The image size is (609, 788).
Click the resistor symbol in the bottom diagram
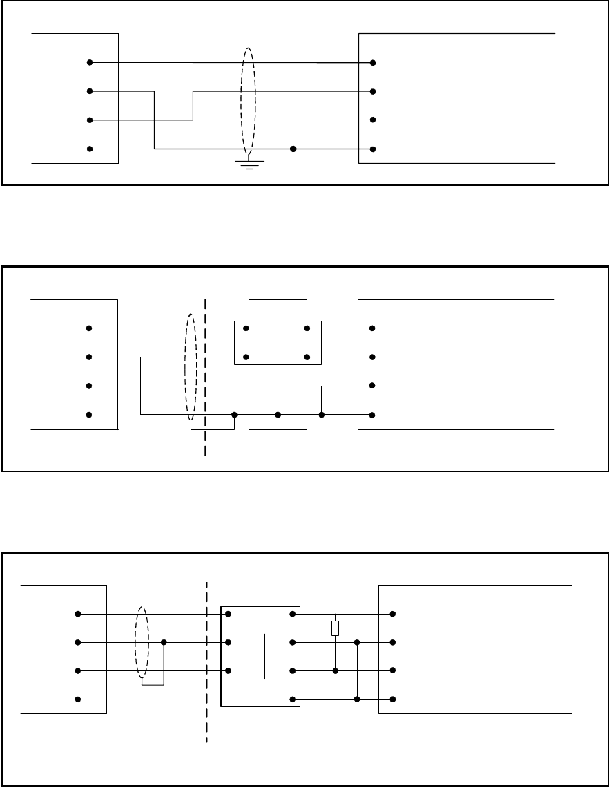335,628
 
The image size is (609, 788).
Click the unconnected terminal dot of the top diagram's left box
90,149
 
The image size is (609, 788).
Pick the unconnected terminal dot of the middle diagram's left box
88,415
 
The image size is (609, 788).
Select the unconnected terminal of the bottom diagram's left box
78,700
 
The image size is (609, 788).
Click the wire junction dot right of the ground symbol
293,149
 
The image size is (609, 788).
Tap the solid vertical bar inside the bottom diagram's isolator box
264,657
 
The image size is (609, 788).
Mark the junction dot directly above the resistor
335,614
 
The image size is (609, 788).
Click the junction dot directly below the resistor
335,670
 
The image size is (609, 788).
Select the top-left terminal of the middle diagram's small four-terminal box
246,328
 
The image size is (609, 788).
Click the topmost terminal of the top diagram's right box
373,62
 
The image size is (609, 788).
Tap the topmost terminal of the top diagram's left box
90,62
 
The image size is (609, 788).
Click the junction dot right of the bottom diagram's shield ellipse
164,642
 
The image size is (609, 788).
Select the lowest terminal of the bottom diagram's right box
392,700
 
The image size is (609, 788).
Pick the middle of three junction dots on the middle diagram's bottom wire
278,415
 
